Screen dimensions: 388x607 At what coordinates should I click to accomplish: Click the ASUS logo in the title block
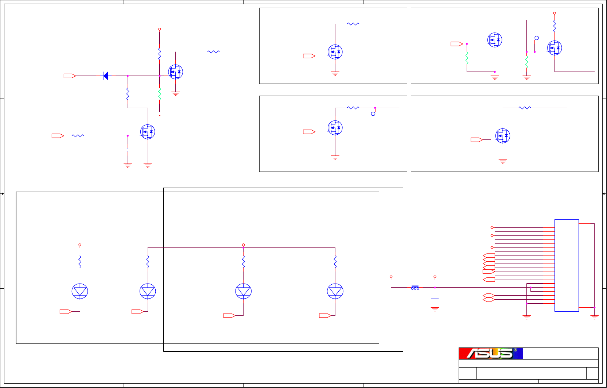click(490, 353)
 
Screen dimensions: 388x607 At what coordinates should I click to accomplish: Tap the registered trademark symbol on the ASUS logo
click(515, 350)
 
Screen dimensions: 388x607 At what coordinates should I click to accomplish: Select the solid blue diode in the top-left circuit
click(106, 76)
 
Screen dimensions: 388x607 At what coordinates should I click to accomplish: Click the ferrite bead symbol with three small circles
click(415, 288)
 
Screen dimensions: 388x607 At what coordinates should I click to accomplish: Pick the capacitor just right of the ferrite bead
click(435, 298)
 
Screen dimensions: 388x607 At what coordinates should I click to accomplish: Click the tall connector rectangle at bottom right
click(567, 265)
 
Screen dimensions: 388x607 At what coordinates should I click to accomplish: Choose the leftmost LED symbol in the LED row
click(80, 291)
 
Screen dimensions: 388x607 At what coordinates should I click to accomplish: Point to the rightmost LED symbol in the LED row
click(335, 291)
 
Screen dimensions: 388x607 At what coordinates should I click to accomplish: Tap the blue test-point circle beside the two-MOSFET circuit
click(537, 38)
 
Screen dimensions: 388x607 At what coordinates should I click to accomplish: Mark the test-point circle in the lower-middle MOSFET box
click(373, 114)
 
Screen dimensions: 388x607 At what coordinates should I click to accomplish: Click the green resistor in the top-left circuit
click(160, 94)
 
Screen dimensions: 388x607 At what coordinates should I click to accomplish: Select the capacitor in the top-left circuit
click(128, 150)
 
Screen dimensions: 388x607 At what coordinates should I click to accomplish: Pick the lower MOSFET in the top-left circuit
click(148, 132)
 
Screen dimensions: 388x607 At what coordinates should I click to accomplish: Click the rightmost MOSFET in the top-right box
click(555, 48)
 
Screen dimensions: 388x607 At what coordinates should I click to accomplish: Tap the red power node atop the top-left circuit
click(160, 29)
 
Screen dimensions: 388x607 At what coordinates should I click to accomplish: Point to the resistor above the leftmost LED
click(80, 262)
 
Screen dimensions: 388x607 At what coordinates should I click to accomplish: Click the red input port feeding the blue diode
click(70, 76)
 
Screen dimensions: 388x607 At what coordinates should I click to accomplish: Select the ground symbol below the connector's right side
click(594, 317)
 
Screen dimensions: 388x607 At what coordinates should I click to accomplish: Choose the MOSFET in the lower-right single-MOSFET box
click(503, 136)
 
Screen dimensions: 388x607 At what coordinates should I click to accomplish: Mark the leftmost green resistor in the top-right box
click(467, 58)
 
